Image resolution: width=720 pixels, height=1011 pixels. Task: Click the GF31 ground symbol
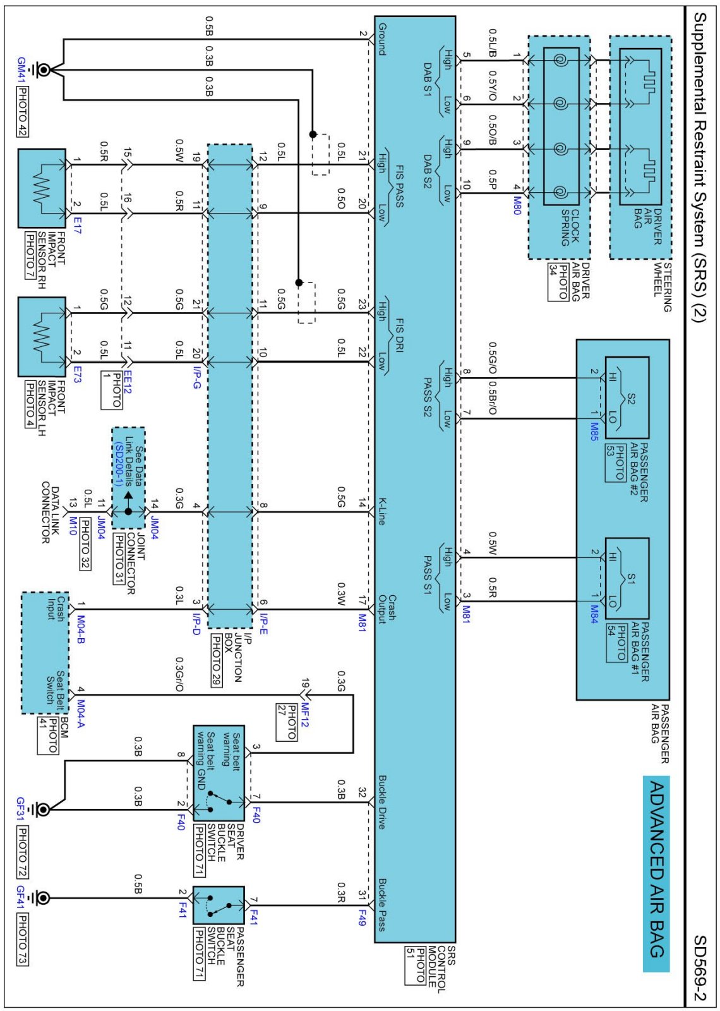pyautogui.click(x=42, y=809)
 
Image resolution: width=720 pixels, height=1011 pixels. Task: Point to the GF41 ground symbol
pyautogui.click(x=42, y=898)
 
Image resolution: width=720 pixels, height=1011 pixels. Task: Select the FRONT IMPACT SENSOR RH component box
pyautogui.click(x=42, y=188)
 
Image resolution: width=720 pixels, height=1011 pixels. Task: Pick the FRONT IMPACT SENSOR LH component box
pyautogui.click(x=42, y=337)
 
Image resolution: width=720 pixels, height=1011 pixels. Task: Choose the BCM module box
pyautogui.click(x=45, y=653)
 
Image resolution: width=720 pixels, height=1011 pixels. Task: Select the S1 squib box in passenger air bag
pyautogui.click(x=627, y=578)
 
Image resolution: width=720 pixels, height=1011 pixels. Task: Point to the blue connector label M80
pyautogui.click(x=517, y=206)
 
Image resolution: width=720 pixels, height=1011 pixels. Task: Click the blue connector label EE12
pyautogui.click(x=128, y=382)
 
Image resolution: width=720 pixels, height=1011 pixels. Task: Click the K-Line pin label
pyautogui.click(x=382, y=511)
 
